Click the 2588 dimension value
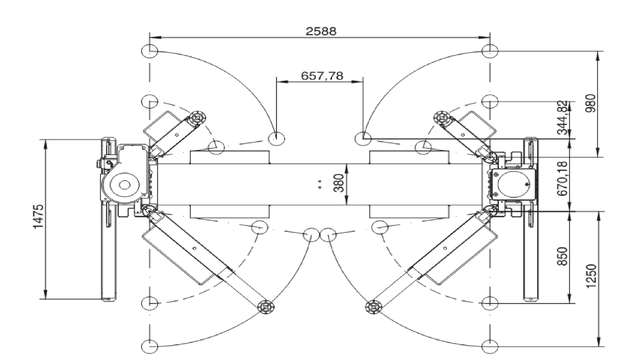321,31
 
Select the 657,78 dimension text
322,76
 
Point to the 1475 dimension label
38,216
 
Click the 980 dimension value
591,103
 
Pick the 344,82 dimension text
562,118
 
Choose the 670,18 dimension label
562,178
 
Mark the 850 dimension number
562,256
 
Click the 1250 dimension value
591,276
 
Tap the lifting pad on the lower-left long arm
266,307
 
